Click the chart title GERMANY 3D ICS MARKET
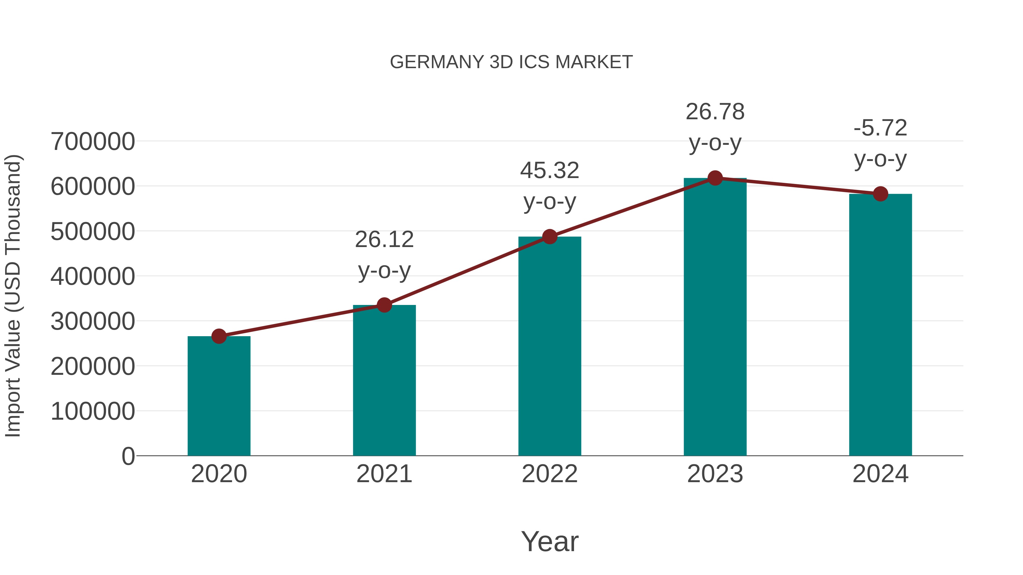(511, 62)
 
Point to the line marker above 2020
(219, 336)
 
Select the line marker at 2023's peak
(715, 178)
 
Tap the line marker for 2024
(880, 194)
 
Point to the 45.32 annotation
(550, 171)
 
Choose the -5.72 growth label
(880, 128)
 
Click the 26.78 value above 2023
(715, 112)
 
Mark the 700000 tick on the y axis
(93, 142)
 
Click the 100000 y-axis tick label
(93, 411)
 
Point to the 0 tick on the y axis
(128, 456)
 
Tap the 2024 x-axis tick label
(880, 474)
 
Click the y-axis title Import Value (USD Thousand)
(13, 296)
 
